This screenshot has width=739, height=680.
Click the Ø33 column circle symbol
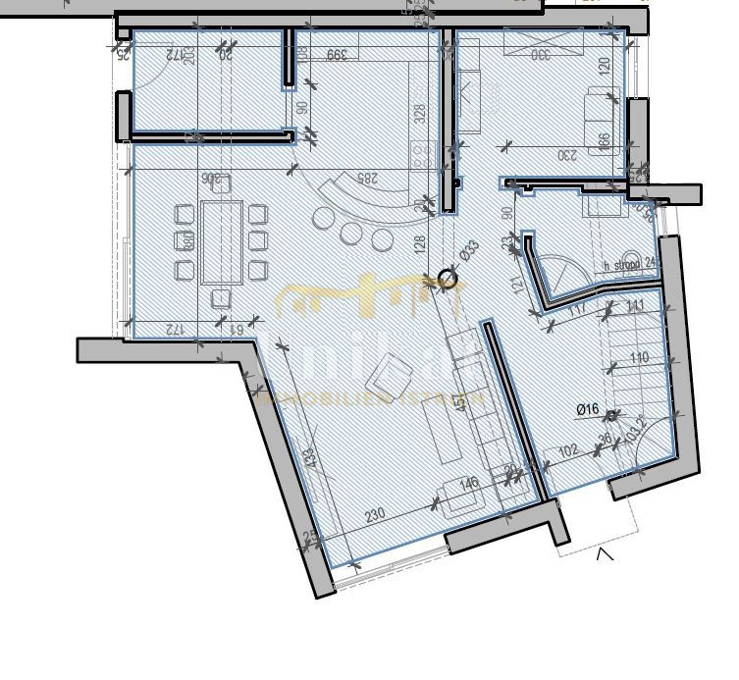(x=448, y=280)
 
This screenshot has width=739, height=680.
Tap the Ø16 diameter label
(x=588, y=409)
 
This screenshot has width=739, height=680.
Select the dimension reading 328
(x=420, y=113)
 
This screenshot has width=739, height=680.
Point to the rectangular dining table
(x=222, y=242)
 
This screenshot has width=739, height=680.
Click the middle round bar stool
(x=351, y=234)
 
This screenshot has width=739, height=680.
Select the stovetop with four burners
(x=422, y=154)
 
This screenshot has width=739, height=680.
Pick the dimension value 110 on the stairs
(x=639, y=358)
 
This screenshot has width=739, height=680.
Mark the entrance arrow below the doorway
(x=606, y=554)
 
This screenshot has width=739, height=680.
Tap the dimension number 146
(x=469, y=483)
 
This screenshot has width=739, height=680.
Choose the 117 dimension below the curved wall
(x=578, y=308)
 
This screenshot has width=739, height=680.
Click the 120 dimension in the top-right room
(x=604, y=65)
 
